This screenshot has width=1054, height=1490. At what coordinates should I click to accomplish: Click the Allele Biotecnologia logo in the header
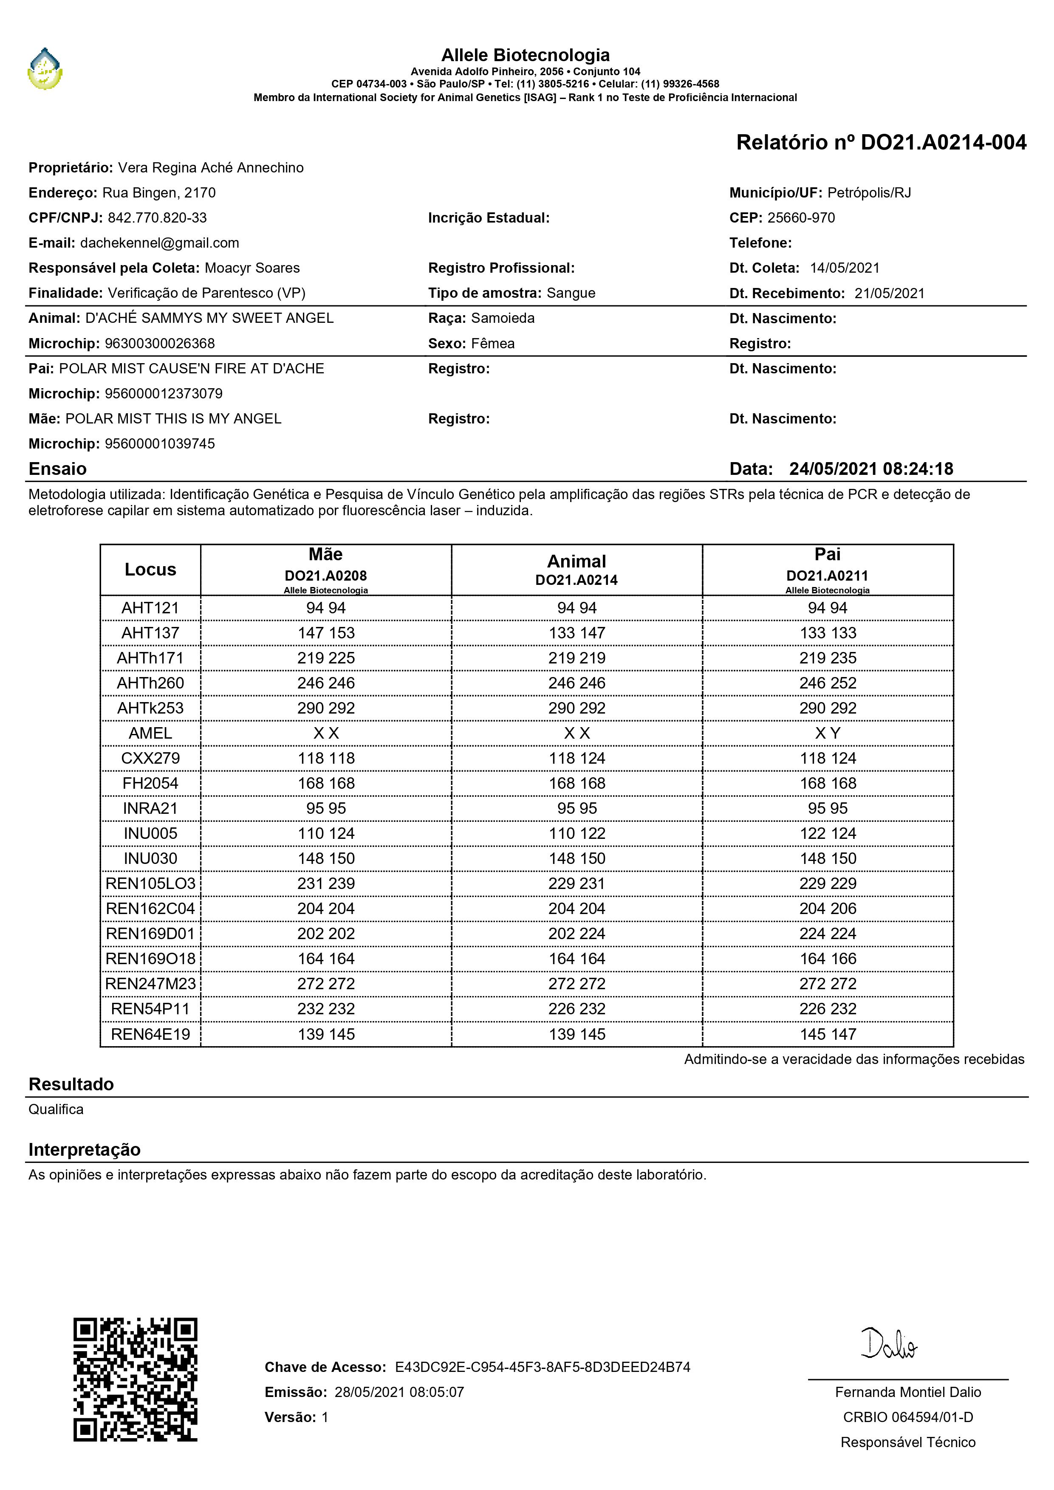[45, 69]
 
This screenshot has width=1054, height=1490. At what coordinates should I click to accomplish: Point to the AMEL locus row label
[150, 733]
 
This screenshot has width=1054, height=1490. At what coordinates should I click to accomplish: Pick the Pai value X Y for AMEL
[828, 733]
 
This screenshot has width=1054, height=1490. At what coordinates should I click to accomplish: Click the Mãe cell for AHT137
[326, 633]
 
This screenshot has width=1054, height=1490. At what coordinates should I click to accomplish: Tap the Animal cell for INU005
[576, 833]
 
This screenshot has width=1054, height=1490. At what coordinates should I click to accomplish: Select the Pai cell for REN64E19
[828, 1034]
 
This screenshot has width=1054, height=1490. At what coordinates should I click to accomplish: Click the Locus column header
[150, 569]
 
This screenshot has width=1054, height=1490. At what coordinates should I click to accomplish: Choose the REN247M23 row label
[150, 984]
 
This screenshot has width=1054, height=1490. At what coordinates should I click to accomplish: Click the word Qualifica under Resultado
[56, 1109]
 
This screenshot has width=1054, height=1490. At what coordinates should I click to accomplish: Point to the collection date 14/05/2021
[845, 268]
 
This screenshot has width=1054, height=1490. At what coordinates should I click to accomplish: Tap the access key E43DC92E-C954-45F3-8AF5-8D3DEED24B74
[543, 1367]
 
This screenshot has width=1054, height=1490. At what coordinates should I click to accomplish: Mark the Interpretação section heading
[85, 1149]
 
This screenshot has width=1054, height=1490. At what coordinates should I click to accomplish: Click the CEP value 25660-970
[801, 217]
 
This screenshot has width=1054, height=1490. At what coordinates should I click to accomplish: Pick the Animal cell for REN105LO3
[576, 883]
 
